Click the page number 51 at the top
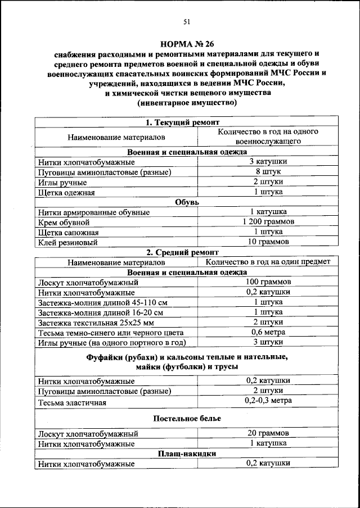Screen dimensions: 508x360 187,22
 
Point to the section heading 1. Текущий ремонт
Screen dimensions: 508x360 178,122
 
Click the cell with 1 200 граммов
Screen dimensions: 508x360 268,222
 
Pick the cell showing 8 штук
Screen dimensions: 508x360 268,172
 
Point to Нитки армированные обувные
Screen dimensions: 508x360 94,212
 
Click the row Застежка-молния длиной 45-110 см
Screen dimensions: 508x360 102,302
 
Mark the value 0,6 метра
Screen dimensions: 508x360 268,332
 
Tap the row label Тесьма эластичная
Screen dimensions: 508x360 74,403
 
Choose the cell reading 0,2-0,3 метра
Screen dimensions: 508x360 268,400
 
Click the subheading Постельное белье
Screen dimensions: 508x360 187,419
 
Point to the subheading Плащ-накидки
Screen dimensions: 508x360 187,453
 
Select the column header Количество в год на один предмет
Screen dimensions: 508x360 268,262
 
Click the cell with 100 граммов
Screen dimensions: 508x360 268,282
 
